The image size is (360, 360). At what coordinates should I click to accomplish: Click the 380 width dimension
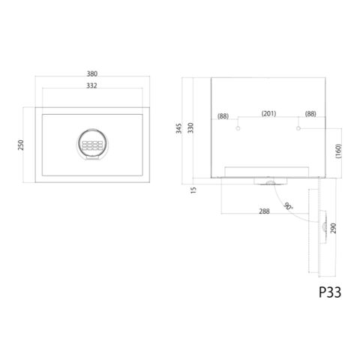coord(92,73)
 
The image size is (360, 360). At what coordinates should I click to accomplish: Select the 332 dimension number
coord(91,85)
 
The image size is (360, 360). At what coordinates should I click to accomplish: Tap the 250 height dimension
coord(21,145)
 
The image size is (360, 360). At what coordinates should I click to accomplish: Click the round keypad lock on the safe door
coord(92,145)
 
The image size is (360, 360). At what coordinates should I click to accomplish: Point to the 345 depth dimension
coord(179,128)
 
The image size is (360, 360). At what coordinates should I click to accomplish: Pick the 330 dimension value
coord(190,127)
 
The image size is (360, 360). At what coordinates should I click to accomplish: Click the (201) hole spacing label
coord(268,113)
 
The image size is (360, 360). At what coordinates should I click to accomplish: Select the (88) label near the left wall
coord(223,116)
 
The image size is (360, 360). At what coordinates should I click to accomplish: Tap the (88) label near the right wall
coord(310,114)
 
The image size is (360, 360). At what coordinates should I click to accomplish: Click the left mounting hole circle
coord(238,128)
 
